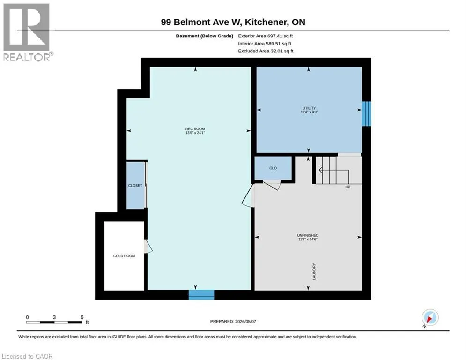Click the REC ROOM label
pyautogui.click(x=195, y=129)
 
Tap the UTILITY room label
pyautogui.click(x=309, y=108)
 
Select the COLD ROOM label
pyautogui.click(x=124, y=256)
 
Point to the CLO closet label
pyautogui.click(x=273, y=168)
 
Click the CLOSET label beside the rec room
pyautogui.click(x=135, y=185)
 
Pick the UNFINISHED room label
pyautogui.click(x=308, y=235)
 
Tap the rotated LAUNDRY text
pyautogui.click(x=314, y=271)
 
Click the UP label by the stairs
pyautogui.click(x=348, y=187)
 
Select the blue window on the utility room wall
pyautogui.click(x=366, y=113)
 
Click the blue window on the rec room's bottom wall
pyautogui.click(x=201, y=294)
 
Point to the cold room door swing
pyautogui.click(x=148, y=247)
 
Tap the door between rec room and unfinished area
pyautogui.click(x=248, y=195)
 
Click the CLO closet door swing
pyautogui.click(x=272, y=185)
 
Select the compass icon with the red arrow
pyautogui.click(x=430, y=317)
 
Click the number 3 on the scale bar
pyautogui.click(x=54, y=317)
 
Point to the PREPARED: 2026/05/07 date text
pyautogui.click(x=233, y=321)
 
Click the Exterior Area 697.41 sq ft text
pyautogui.click(x=266, y=36)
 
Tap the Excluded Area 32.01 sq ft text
pyautogui.click(x=266, y=51)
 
